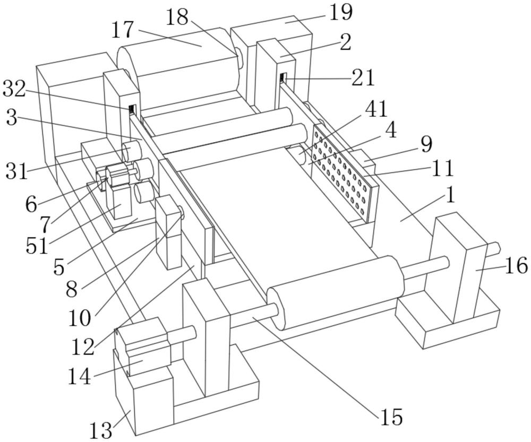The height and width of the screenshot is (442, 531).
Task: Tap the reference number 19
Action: (x=340, y=12)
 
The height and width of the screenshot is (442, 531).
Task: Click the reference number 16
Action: (x=515, y=265)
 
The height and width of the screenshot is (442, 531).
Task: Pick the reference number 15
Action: (x=391, y=417)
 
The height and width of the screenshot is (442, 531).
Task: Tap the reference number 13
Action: (x=100, y=430)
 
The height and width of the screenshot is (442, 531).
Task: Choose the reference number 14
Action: (x=80, y=377)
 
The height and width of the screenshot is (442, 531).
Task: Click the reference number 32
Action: (x=14, y=90)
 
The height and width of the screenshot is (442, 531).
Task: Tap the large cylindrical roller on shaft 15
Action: (x=335, y=292)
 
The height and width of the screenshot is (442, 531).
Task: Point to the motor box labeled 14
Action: (x=142, y=348)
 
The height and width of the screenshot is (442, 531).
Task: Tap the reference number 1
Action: (x=450, y=196)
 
